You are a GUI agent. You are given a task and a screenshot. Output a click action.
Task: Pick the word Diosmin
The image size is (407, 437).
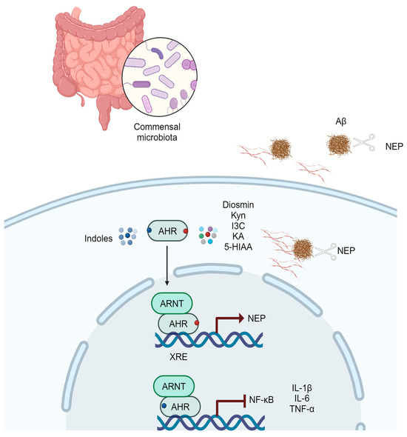click(x=238, y=205)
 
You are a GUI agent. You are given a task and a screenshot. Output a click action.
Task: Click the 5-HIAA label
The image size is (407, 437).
click(x=238, y=258)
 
